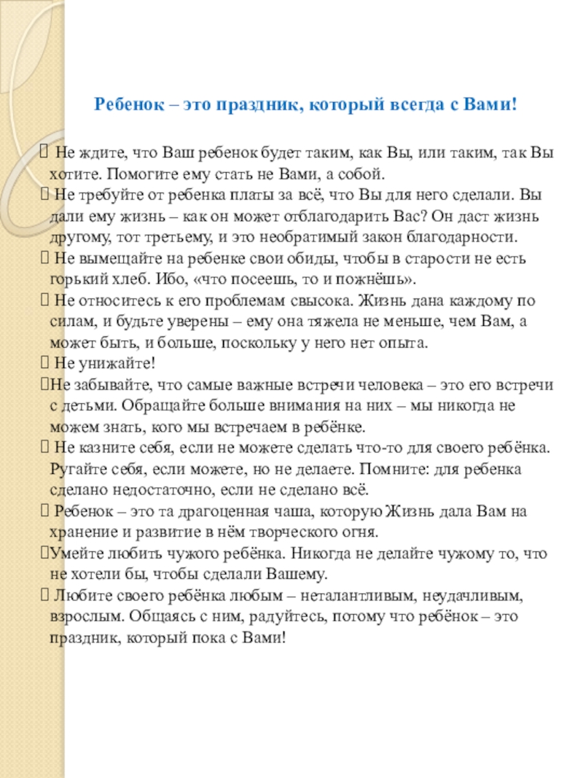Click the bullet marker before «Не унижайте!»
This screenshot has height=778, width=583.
click(x=43, y=364)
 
